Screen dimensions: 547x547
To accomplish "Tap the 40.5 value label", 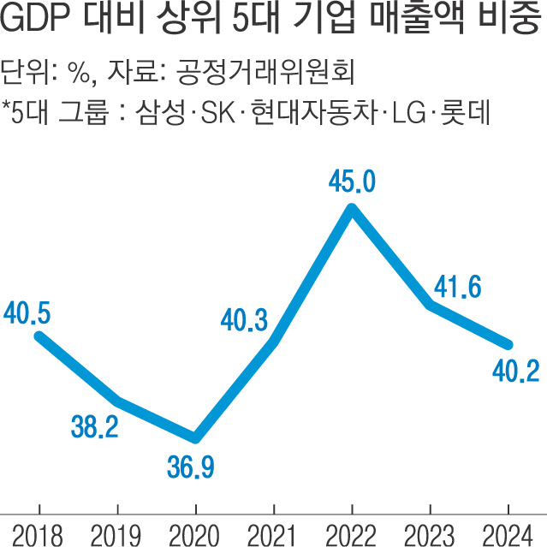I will [27, 313].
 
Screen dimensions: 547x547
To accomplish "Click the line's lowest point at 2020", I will [196, 437].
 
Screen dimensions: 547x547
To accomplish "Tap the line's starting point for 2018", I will [39, 336].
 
